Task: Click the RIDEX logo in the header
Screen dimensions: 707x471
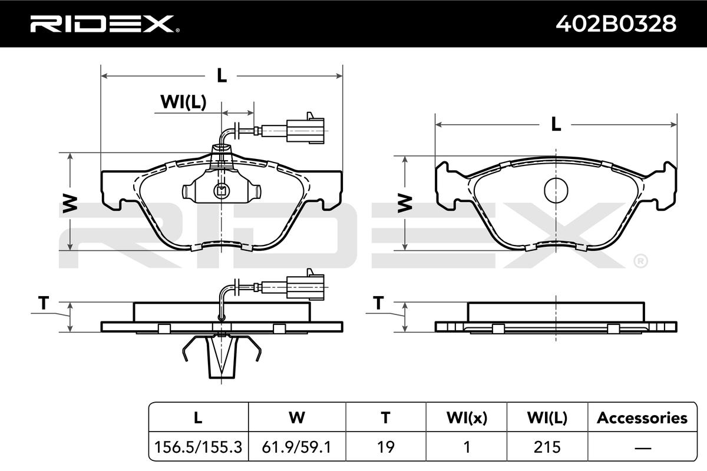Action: pyautogui.click(x=105, y=24)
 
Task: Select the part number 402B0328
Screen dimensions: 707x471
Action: pyautogui.click(x=616, y=24)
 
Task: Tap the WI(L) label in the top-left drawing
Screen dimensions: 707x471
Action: pyautogui.click(x=183, y=102)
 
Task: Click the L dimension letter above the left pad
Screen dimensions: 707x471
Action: pyautogui.click(x=222, y=76)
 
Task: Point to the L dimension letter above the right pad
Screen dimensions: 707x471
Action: pyautogui.click(x=556, y=124)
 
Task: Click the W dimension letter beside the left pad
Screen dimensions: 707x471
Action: pyautogui.click(x=70, y=204)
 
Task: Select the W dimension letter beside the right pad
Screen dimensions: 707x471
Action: pyautogui.click(x=405, y=203)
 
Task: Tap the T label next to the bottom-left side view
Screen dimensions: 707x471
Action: pyautogui.click(x=44, y=303)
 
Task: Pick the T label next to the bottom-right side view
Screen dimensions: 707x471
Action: pyautogui.click(x=378, y=303)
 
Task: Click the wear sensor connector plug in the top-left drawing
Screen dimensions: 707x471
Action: pyautogui.click(x=305, y=128)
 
